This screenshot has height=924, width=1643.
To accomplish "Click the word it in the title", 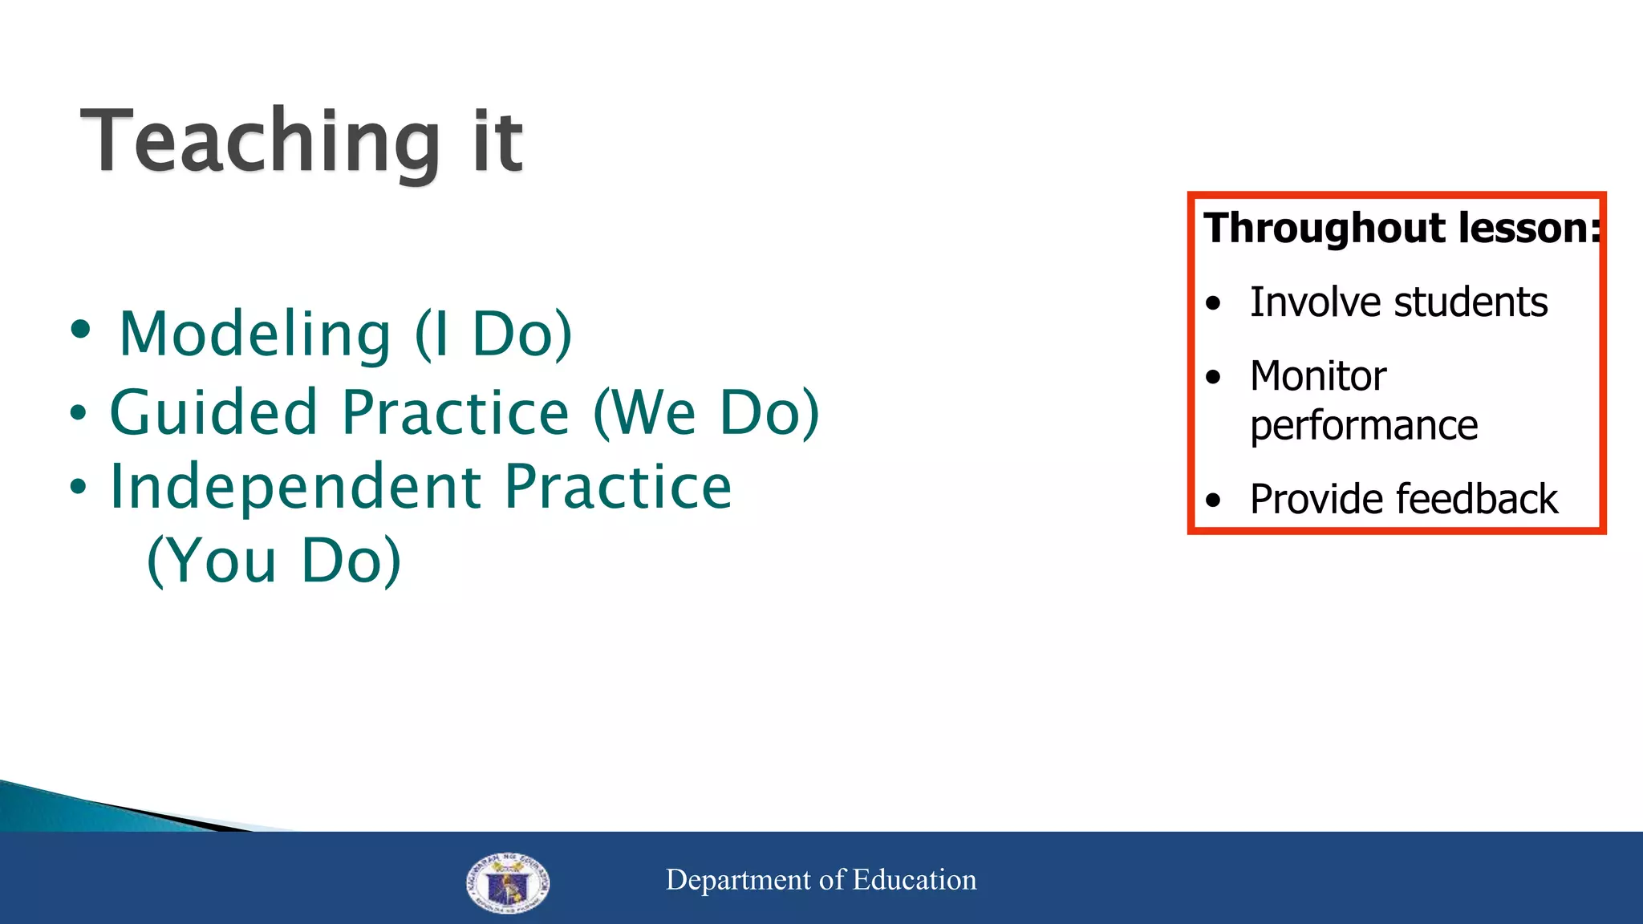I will [x=497, y=143].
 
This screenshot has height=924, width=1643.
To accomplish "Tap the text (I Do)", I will [x=493, y=334].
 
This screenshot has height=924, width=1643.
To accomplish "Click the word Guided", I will [x=213, y=412].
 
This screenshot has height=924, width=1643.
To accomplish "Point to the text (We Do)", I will [x=706, y=412].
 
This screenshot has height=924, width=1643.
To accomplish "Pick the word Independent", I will [x=295, y=487].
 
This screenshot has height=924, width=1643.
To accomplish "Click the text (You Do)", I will [x=274, y=561].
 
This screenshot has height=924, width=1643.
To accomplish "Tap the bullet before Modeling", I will [x=80, y=329].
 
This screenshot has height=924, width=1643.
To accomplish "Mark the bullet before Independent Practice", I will [x=77, y=487].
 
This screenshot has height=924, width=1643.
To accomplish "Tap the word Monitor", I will [x=1317, y=376].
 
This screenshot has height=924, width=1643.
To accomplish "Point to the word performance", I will [x=1363, y=426].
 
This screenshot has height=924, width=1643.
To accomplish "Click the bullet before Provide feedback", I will [x=1213, y=500].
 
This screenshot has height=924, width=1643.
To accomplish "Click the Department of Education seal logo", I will [x=507, y=882].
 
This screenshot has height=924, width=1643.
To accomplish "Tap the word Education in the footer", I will [x=914, y=880].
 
